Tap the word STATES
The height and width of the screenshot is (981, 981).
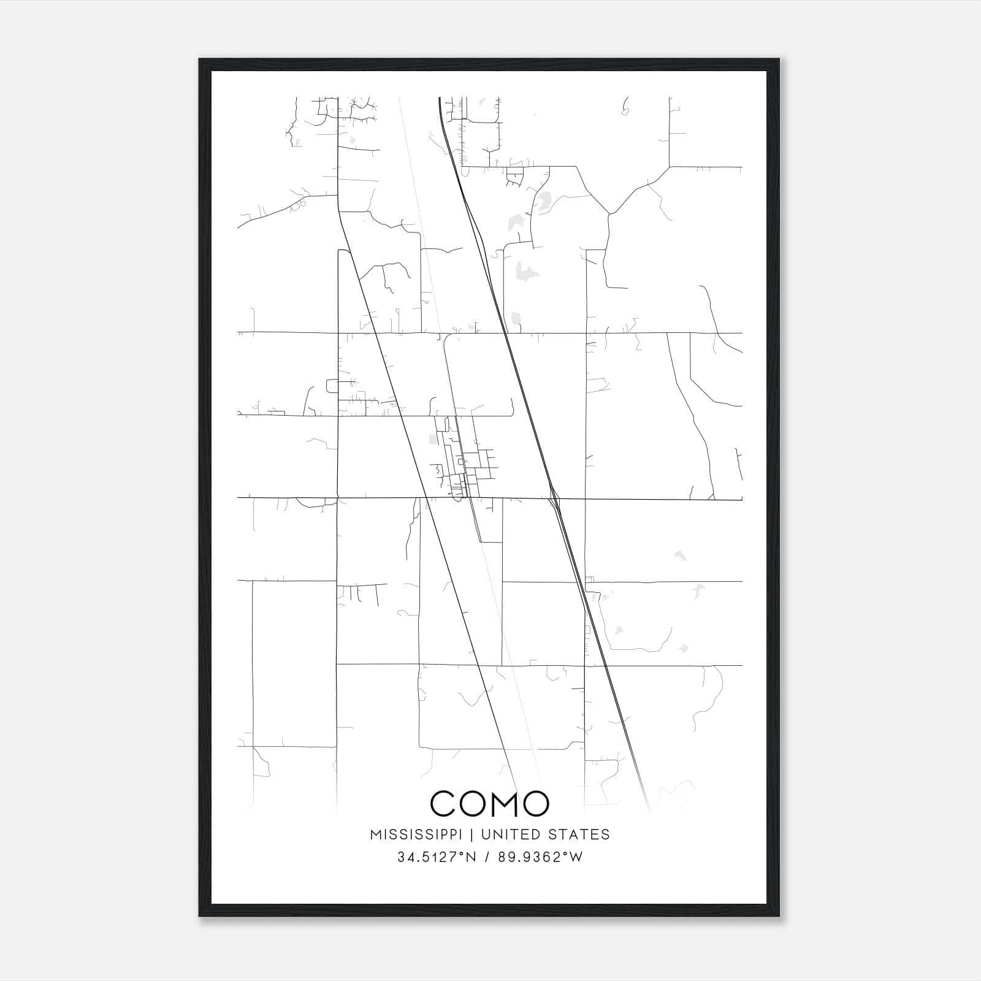click(579, 834)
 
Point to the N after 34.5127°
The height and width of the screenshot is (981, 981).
click(471, 857)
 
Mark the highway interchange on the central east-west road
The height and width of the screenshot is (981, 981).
click(554, 498)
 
